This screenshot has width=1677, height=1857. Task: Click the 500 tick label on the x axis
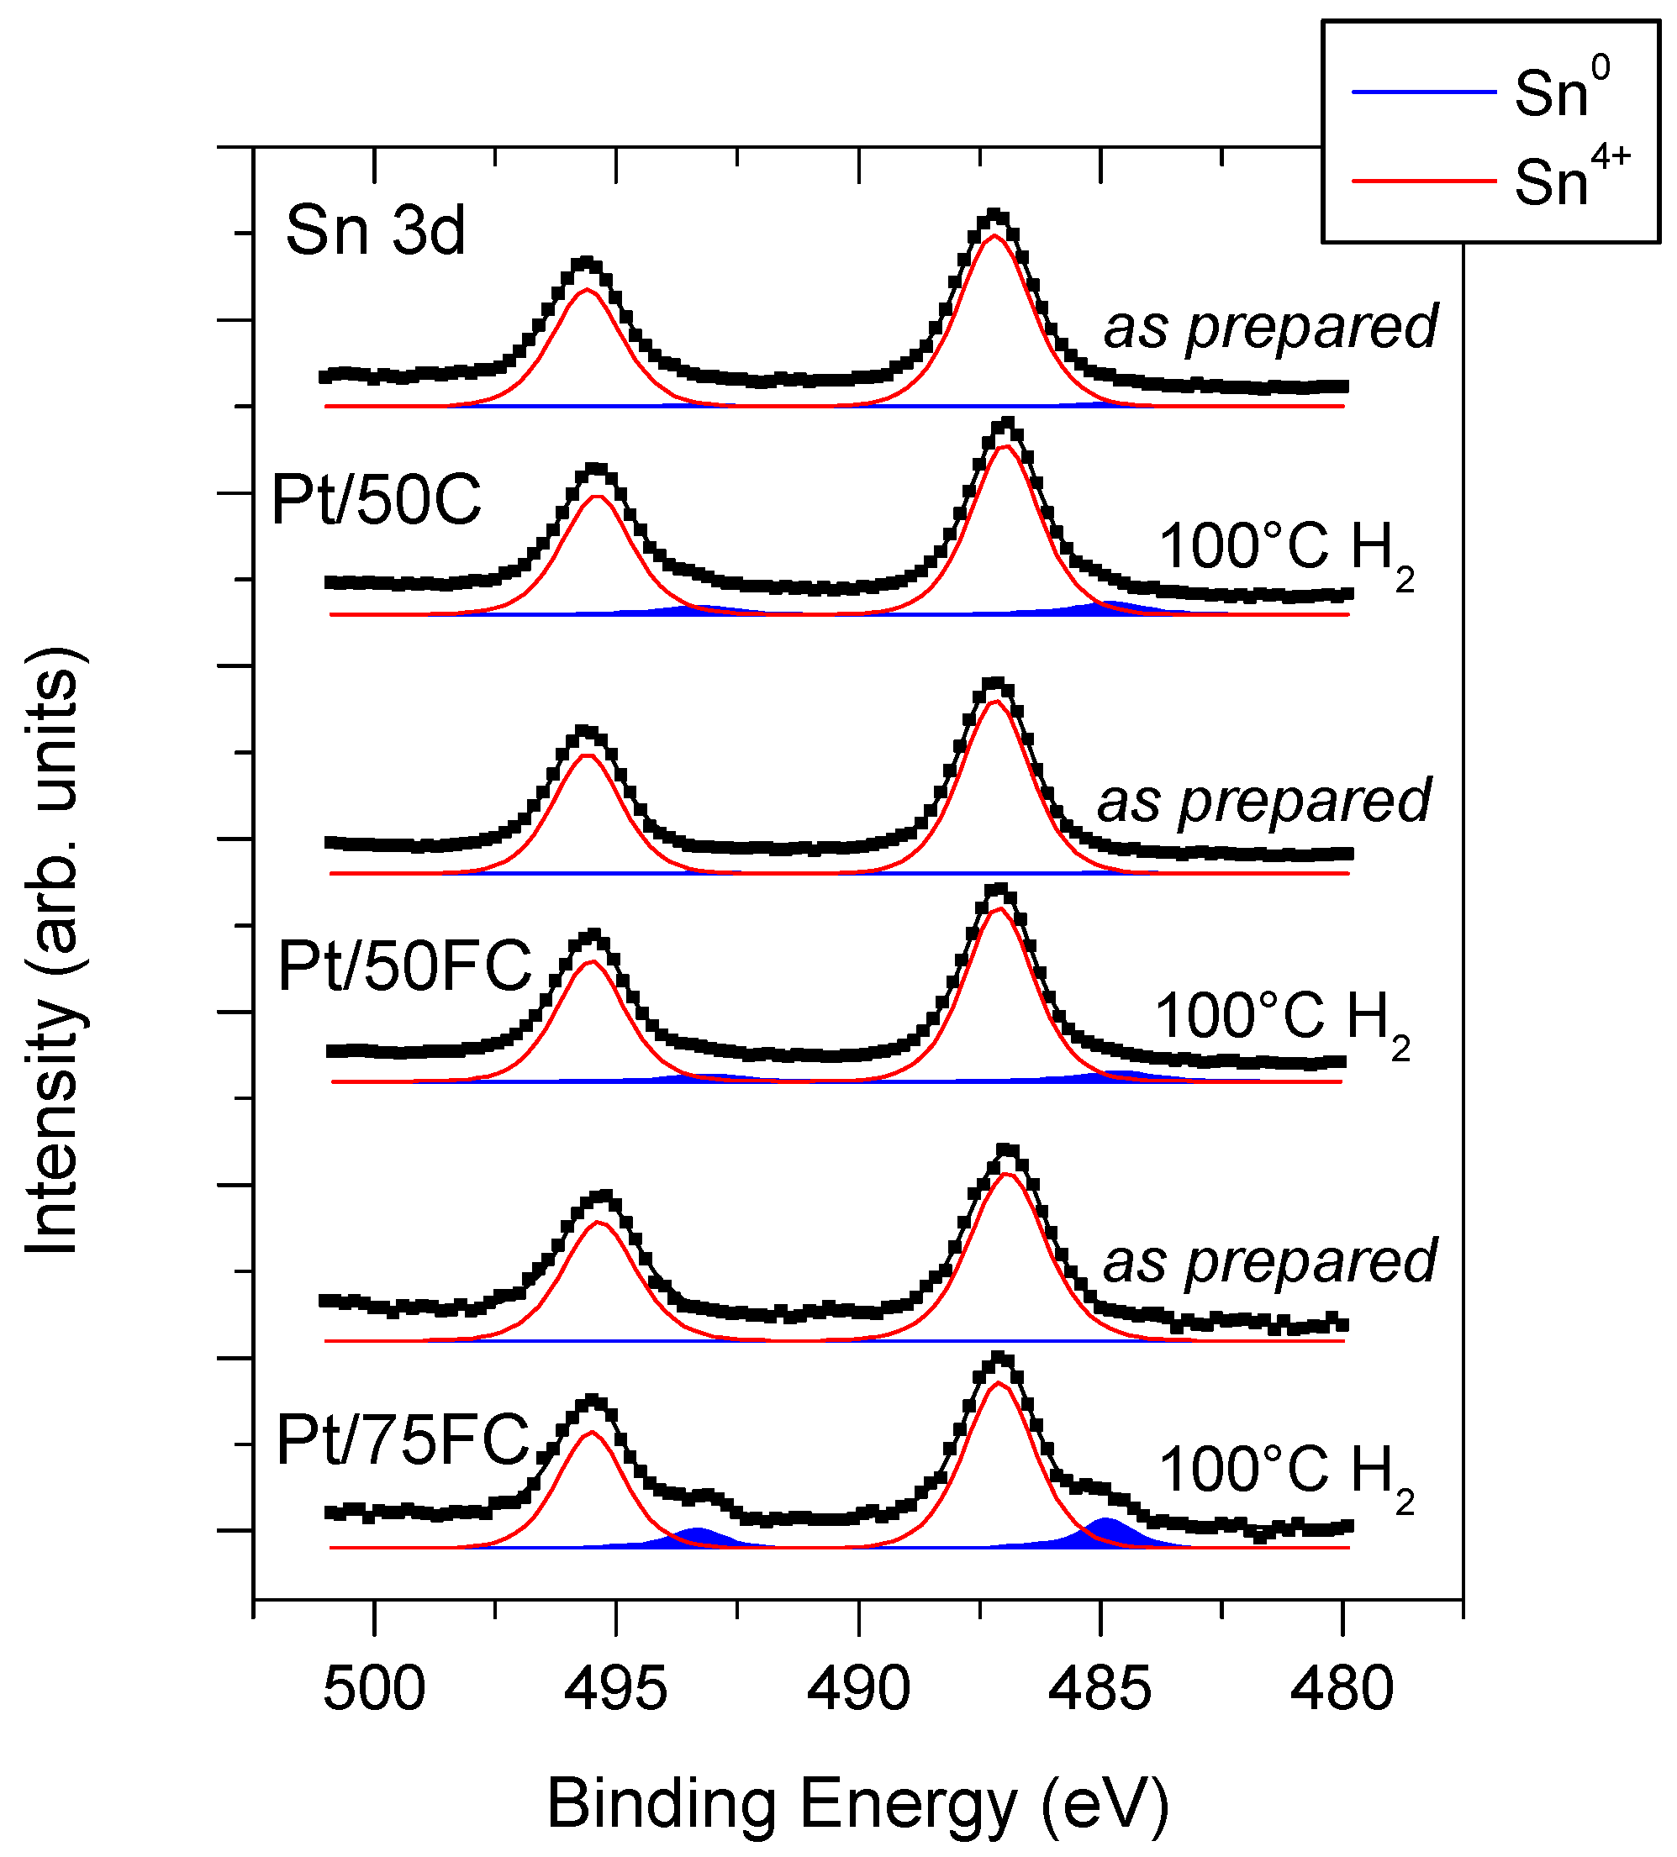[374, 1691]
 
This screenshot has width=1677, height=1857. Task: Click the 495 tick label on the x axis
[615, 1691]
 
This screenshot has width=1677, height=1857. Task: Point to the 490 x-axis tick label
[858, 1691]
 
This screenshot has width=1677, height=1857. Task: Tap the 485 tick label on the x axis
[1100, 1691]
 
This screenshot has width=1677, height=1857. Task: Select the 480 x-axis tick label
[1342, 1691]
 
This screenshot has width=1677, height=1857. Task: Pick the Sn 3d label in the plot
[375, 230]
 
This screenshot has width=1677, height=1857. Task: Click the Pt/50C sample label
[376, 501]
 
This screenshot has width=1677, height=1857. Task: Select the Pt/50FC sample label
[404, 966]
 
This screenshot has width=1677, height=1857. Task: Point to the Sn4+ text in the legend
[1571, 176]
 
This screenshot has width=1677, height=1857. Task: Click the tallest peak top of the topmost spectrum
[994, 218]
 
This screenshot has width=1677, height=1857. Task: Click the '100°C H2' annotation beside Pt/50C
[1284, 550]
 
